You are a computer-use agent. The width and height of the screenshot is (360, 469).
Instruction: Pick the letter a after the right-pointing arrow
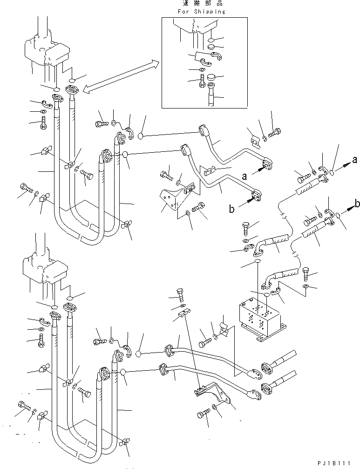(354, 160)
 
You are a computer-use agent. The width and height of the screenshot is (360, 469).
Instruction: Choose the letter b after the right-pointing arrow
(357, 204)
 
